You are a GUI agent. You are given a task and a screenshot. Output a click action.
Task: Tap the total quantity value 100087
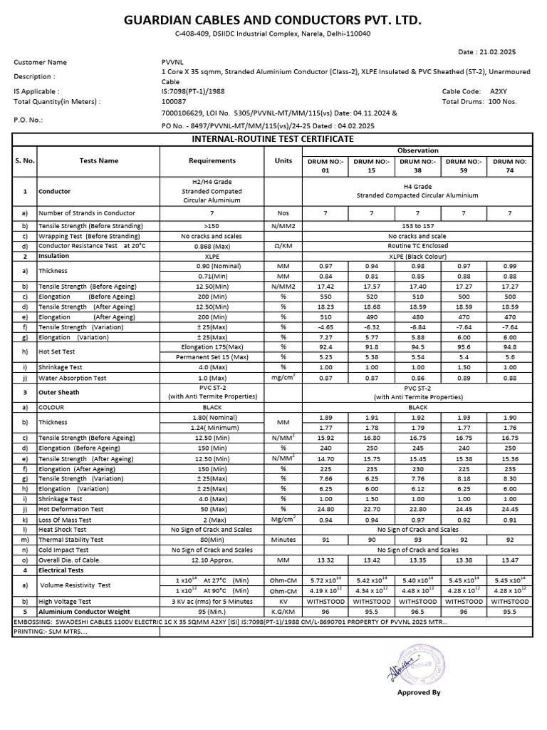click(x=174, y=101)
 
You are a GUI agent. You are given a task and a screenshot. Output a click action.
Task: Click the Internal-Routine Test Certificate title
click(x=273, y=138)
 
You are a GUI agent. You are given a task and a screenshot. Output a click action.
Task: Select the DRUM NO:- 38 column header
click(x=419, y=166)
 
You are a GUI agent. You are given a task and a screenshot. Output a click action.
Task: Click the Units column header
click(x=283, y=160)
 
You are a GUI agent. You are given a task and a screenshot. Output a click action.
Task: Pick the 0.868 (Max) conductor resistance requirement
click(x=212, y=246)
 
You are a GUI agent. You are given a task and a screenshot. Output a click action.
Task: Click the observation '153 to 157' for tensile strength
click(x=418, y=226)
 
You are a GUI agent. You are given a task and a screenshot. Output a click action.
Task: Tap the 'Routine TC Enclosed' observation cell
click(x=418, y=246)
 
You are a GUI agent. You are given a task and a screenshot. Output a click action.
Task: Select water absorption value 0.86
click(x=419, y=378)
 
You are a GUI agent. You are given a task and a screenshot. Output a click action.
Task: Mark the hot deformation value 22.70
click(x=373, y=509)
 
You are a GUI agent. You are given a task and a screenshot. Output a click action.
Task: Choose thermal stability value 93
click(x=419, y=540)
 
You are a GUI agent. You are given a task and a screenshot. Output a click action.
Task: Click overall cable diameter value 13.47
click(x=509, y=560)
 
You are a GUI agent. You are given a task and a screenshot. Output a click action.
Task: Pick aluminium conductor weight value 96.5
click(x=419, y=611)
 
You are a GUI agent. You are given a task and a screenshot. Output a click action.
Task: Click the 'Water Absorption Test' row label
click(x=73, y=378)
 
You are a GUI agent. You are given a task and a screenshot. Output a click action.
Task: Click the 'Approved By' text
click(x=419, y=692)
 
